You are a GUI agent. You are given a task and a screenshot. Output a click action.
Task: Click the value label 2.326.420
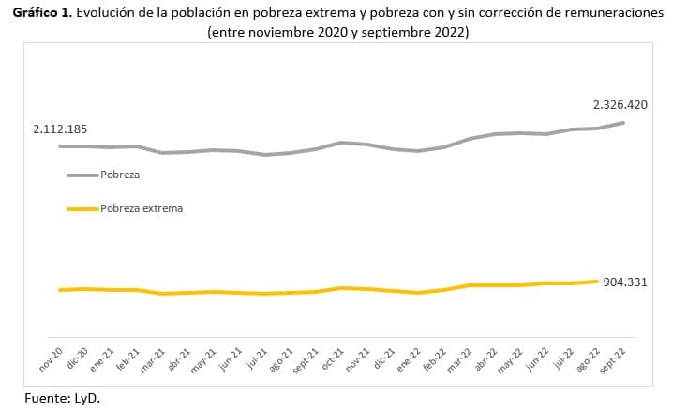[x=620, y=104]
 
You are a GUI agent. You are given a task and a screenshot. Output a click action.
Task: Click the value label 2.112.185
[x=59, y=129]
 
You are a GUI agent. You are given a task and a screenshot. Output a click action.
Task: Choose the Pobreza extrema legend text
[x=142, y=208]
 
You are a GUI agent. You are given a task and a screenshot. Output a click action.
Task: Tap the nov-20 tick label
[x=52, y=358]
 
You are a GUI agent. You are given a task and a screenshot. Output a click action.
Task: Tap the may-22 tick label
[x=512, y=359]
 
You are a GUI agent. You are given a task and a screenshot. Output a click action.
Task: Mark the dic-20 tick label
[x=78, y=358]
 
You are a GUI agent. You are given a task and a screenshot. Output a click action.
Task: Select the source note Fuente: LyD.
[x=61, y=397]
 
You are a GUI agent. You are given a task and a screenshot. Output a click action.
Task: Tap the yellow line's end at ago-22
[x=597, y=281]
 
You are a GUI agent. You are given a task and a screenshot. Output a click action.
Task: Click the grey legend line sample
[x=82, y=175]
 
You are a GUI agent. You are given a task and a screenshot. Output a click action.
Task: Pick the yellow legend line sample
[x=82, y=208]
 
